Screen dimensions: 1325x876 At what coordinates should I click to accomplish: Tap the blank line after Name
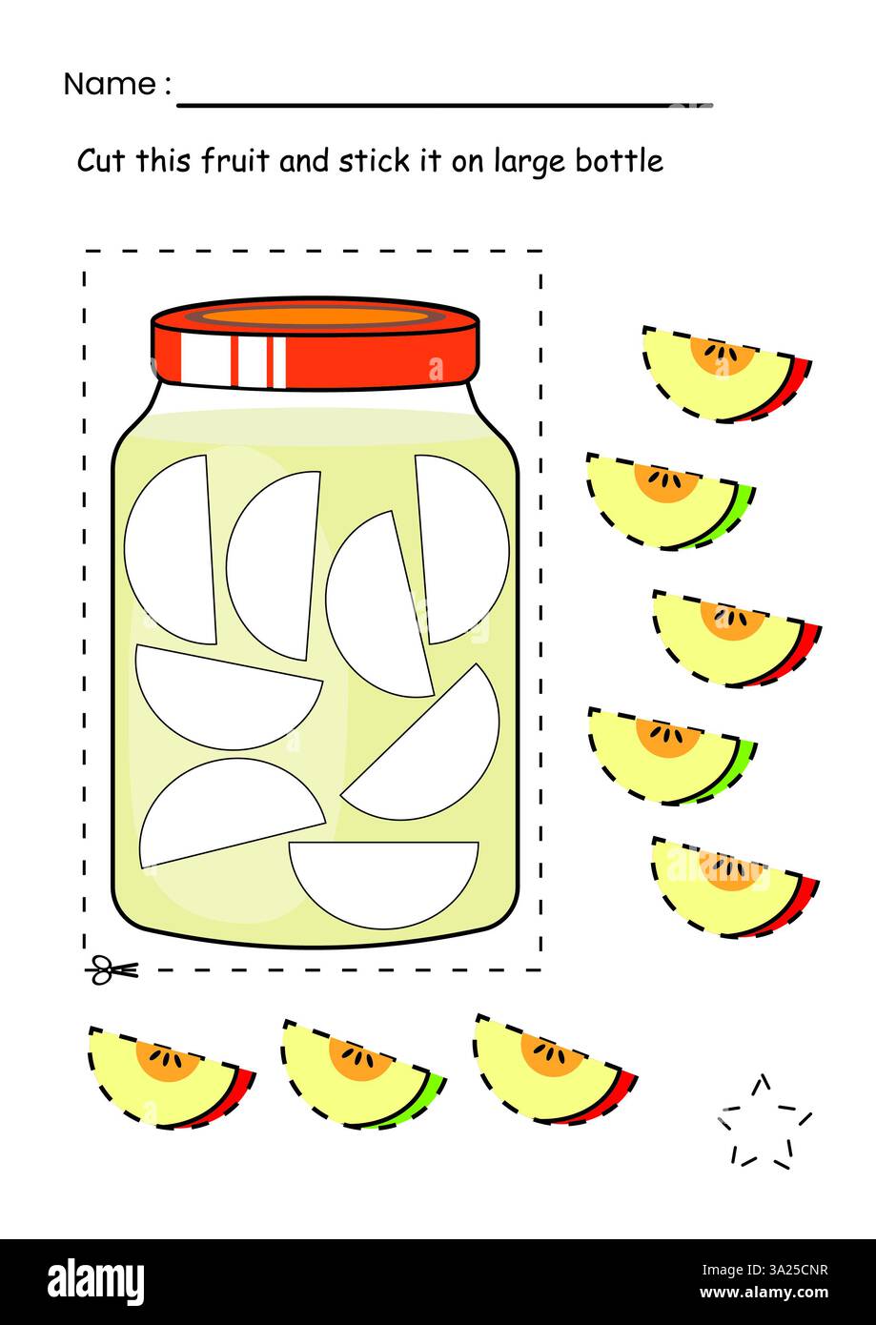tap(443, 103)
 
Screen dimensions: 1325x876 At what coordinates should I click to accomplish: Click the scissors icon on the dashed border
tap(112, 970)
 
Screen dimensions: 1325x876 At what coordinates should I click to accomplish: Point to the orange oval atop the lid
tap(315, 317)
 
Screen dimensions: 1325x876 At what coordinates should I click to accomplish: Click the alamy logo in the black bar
tap(95, 1281)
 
